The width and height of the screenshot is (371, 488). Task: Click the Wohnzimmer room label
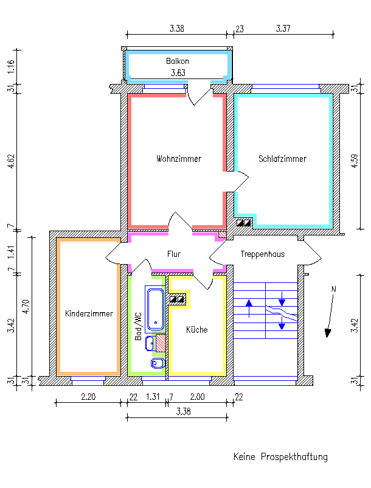click(178, 159)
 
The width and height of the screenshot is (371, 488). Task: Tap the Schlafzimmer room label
click(282, 159)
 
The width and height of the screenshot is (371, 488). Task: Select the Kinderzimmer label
click(89, 314)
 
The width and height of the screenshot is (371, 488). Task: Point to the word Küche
click(196, 330)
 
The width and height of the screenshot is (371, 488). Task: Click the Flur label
click(174, 254)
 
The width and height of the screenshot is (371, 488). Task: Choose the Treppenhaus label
click(262, 254)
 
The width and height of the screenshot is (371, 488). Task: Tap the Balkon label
click(178, 61)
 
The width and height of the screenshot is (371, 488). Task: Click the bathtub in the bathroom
click(154, 307)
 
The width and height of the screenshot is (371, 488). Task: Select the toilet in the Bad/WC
click(156, 363)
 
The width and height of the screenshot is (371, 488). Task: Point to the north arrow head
click(328, 332)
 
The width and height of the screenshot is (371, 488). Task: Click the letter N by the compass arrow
click(333, 290)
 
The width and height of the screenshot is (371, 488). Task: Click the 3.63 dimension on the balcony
click(178, 73)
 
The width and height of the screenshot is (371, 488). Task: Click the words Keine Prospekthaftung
click(280, 457)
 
